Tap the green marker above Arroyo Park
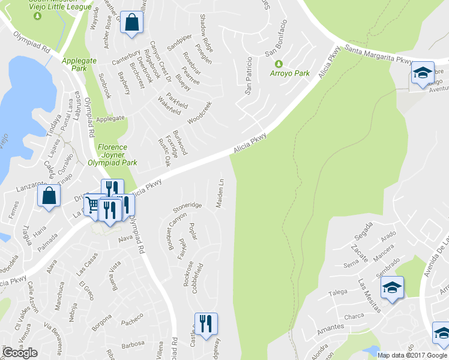click(x=278, y=64)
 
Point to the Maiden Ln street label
click(x=221, y=190)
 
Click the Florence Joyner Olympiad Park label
click(x=117, y=155)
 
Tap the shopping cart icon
click(x=92, y=205)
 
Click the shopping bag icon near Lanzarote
click(x=49, y=196)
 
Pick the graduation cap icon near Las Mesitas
click(x=392, y=287)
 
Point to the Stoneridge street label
click(x=187, y=207)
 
